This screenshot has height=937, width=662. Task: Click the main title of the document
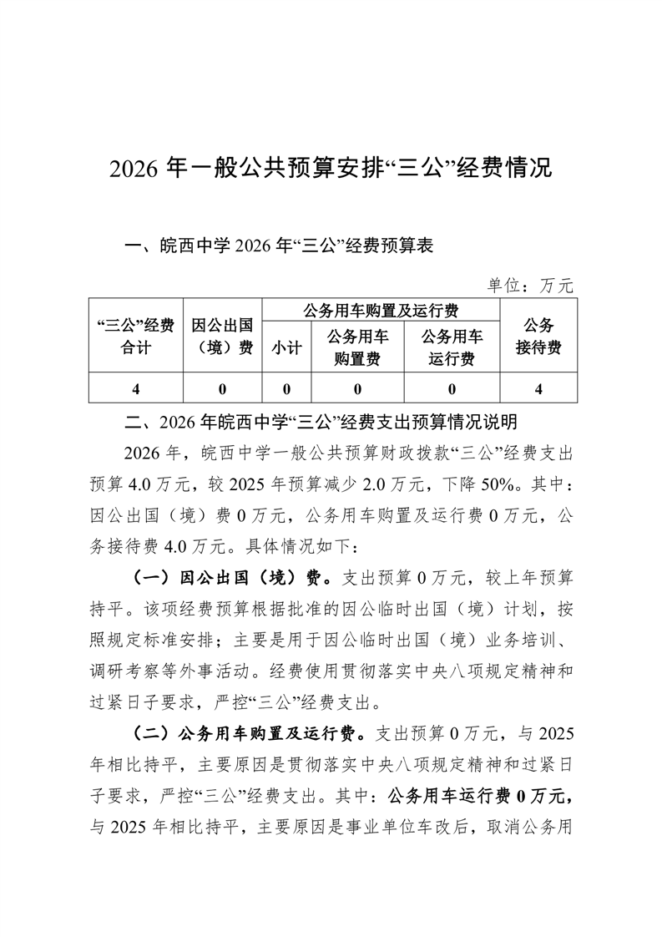[x=331, y=168]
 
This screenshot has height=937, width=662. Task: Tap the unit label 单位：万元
[x=531, y=286]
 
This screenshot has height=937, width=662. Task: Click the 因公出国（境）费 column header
[x=222, y=336]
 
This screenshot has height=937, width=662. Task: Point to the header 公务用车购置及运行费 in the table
[x=381, y=311]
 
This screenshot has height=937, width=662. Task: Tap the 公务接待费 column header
[x=538, y=336]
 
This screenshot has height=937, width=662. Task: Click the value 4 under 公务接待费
[x=538, y=388]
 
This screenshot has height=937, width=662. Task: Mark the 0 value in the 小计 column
[x=286, y=388]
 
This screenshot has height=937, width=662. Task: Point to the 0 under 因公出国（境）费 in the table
[x=222, y=388]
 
